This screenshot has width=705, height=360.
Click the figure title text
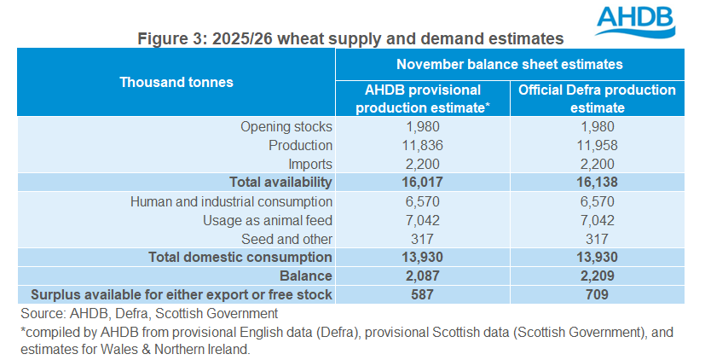[351, 38]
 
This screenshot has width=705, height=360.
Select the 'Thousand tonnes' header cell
[176, 82]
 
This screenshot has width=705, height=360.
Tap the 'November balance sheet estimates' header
[509, 64]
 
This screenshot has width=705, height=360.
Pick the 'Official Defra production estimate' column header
[597, 98]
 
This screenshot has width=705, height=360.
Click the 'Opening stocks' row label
[286, 127]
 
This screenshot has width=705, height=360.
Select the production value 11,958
[597, 145]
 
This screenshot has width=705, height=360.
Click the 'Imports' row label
[309, 164]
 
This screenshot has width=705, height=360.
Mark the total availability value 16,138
[597, 183]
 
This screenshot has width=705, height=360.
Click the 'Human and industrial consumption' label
[231, 201]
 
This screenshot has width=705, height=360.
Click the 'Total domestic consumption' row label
[240, 257]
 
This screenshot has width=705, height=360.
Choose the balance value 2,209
[597, 276]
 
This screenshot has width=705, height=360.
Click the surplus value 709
[597, 294]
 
